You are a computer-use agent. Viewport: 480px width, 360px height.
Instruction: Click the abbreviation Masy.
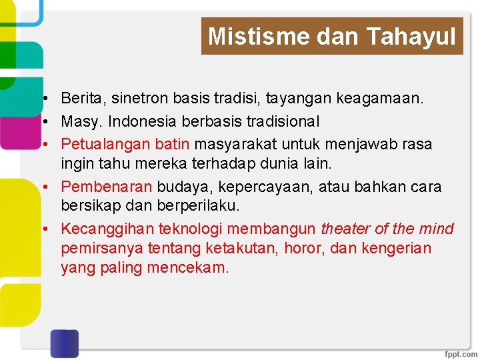(81, 122)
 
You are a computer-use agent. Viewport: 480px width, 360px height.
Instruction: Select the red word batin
(173, 144)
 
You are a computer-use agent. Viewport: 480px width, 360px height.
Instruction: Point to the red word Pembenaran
(107, 187)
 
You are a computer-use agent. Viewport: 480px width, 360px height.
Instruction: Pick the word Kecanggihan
(107, 229)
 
